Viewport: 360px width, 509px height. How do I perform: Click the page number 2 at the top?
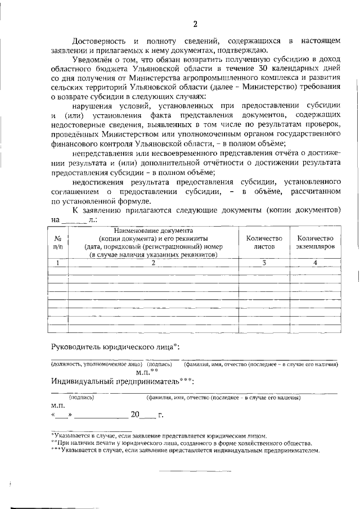pyautogui.click(x=195, y=24)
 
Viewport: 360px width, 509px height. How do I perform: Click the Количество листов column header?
pyautogui.click(x=264, y=242)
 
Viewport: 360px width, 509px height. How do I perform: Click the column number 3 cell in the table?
pyautogui.click(x=264, y=263)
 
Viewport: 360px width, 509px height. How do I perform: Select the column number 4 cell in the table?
pyautogui.click(x=315, y=263)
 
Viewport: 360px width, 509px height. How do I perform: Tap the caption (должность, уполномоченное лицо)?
pyautogui.click(x=97, y=364)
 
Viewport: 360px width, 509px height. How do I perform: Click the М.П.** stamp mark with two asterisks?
pyautogui.click(x=147, y=372)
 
